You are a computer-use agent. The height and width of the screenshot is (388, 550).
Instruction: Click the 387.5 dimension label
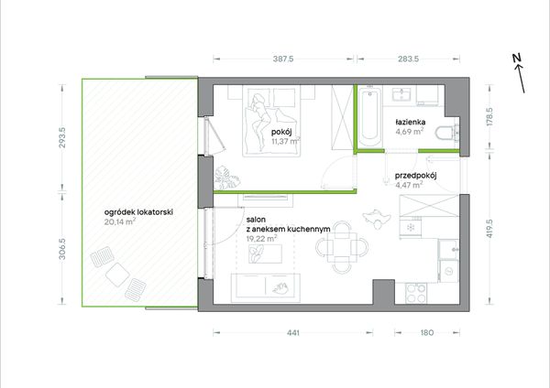click(283, 59)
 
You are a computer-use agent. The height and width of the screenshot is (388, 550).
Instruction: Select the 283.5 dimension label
click(408, 59)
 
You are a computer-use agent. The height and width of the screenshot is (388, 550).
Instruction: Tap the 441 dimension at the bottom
click(293, 333)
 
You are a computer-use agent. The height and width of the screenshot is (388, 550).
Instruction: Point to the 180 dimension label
click(427, 333)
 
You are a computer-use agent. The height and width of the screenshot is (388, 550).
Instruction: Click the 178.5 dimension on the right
click(490, 116)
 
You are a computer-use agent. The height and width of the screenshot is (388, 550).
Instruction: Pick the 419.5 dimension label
click(490, 229)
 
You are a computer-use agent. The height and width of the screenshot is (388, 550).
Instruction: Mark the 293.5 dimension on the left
click(62, 137)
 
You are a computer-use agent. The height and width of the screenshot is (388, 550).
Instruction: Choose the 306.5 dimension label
click(62, 249)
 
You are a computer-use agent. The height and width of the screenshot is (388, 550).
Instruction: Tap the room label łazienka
click(411, 123)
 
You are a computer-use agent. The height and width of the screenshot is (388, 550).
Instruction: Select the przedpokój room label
click(415, 176)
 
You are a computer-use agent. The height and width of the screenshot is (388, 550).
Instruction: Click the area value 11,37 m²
click(286, 141)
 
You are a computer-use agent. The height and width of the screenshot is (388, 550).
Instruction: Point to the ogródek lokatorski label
click(138, 212)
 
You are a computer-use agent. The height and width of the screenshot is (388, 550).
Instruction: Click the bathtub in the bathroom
click(369, 118)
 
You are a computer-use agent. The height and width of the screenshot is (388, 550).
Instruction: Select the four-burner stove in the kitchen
click(416, 294)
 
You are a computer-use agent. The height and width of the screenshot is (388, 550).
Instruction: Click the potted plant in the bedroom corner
click(226, 178)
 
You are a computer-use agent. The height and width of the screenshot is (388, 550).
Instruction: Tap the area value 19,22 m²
click(261, 239)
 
